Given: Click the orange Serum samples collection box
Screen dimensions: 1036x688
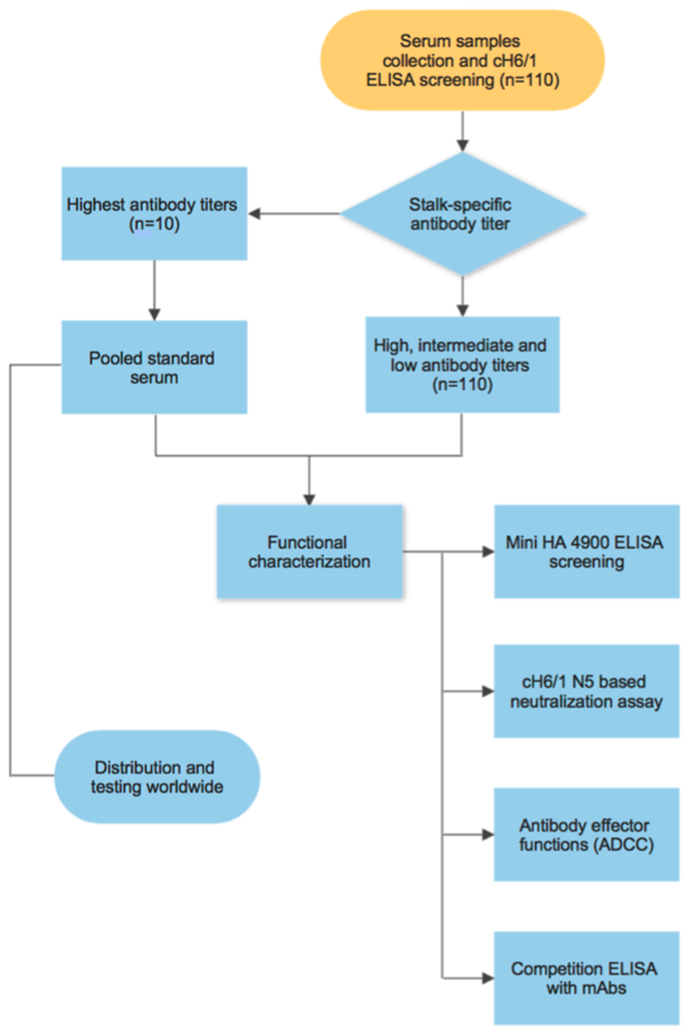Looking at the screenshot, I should pyautogui.click(x=462, y=60).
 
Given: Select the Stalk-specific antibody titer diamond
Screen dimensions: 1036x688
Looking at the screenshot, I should pyautogui.click(x=462, y=214).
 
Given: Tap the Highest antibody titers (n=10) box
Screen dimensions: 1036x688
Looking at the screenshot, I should pyautogui.click(x=154, y=214).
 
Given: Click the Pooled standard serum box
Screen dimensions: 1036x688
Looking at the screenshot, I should pyautogui.click(x=154, y=367).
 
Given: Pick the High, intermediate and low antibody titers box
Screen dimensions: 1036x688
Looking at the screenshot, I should pyautogui.click(x=462, y=365).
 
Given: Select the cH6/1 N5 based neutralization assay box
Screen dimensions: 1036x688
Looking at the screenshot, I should pyautogui.click(x=587, y=691).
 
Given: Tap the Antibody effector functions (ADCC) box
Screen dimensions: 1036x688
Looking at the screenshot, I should pyautogui.click(x=587, y=835).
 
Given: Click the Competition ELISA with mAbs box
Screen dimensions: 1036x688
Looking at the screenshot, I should pyautogui.click(x=587, y=978).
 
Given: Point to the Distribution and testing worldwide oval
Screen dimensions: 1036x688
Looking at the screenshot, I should pyautogui.click(x=157, y=777).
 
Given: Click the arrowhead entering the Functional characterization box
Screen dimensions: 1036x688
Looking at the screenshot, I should pyautogui.click(x=309, y=499).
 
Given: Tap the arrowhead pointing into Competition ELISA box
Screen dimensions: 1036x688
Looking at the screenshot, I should pyautogui.click(x=488, y=978).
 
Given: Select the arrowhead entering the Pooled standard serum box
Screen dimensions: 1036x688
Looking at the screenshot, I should pyautogui.click(x=154, y=314).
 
